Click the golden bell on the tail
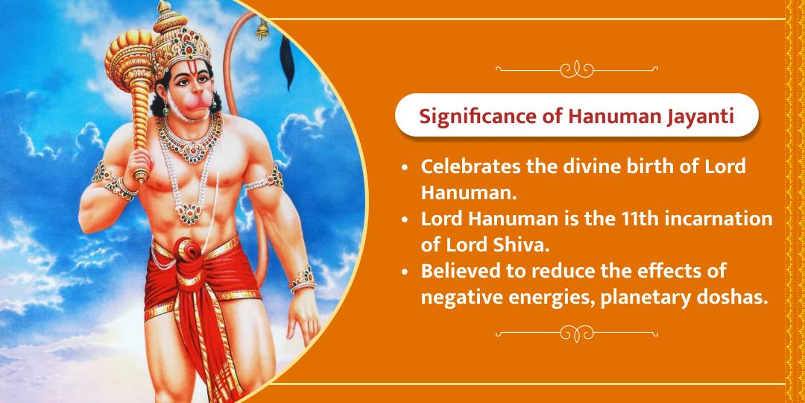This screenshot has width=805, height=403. click(x=262, y=29)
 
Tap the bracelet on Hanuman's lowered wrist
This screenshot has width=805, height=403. click(x=303, y=279)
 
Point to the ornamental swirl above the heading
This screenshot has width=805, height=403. click(x=576, y=69)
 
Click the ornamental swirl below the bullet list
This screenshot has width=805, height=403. click(x=576, y=334)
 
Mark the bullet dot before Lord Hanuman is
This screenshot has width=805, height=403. click(x=406, y=219)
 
